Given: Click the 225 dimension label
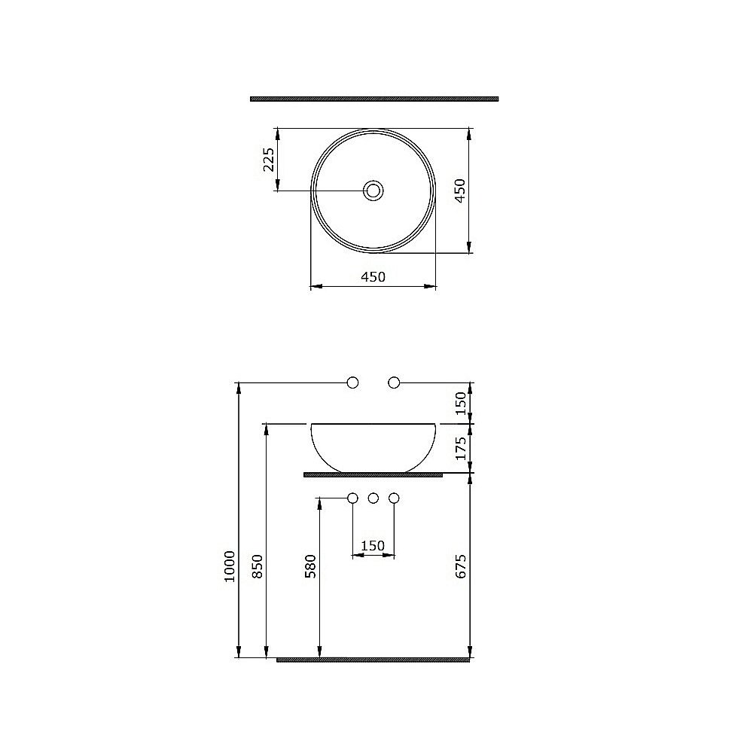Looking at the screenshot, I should point(269,160).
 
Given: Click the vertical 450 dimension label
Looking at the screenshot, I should point(461,192).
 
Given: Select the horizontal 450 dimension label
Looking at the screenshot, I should point(373,276).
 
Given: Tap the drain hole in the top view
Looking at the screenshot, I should point(373,191).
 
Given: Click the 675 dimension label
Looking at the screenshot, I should point(462,566).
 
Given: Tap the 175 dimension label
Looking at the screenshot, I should point(462,449).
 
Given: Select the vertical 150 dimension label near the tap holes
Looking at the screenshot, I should point(462,402).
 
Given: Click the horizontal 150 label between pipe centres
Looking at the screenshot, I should point(373,546).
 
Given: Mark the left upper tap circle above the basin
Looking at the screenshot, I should point(352,383).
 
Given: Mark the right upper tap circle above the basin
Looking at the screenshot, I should point(394,383).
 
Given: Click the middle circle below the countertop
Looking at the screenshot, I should point(373,498).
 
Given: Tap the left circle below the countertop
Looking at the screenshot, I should point(352,498).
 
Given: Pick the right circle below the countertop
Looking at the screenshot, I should point(393,498).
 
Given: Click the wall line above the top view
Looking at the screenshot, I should point(374,99).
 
